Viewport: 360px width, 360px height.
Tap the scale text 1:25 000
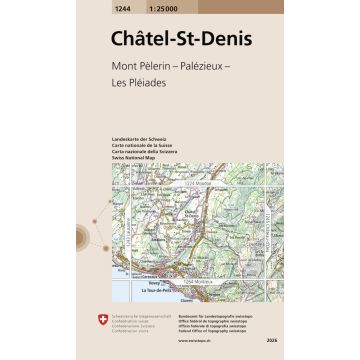pyautogui.click(x=162, y=6)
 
